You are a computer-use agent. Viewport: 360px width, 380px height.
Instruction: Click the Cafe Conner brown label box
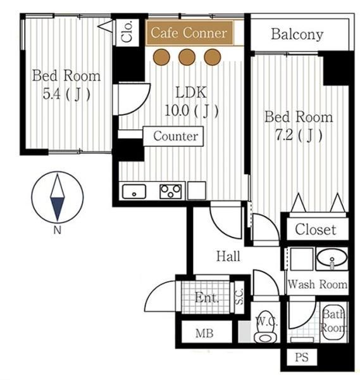coord(190,33)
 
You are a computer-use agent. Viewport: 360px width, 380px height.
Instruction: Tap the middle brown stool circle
coord(187,57)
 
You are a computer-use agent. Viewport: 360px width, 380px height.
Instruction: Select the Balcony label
coord(297,34)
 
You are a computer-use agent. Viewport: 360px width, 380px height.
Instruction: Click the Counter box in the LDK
coord(173,136)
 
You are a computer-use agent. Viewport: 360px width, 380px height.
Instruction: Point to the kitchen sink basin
coord(134,191)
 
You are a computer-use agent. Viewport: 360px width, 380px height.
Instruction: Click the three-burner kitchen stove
coord(171,191)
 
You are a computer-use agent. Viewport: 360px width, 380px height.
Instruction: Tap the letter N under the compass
coord(58,229)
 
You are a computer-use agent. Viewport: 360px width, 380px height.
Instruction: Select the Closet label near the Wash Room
coord(316,229)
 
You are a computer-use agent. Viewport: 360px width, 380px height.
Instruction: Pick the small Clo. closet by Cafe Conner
coord(127,32)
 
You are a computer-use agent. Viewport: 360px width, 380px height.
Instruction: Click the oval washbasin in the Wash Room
coord(332,258)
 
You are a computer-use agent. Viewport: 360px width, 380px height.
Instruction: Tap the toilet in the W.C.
coord(266,327)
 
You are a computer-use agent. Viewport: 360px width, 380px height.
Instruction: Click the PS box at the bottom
coord(302,357)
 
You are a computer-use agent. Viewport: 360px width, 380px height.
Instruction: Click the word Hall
coord(228,256)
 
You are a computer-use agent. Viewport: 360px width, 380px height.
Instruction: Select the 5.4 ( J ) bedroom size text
coord(66,94)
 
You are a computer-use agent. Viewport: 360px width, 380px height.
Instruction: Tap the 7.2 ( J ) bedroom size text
coord(299,136)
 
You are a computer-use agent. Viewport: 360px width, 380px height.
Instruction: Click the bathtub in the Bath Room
coord(334,322)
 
